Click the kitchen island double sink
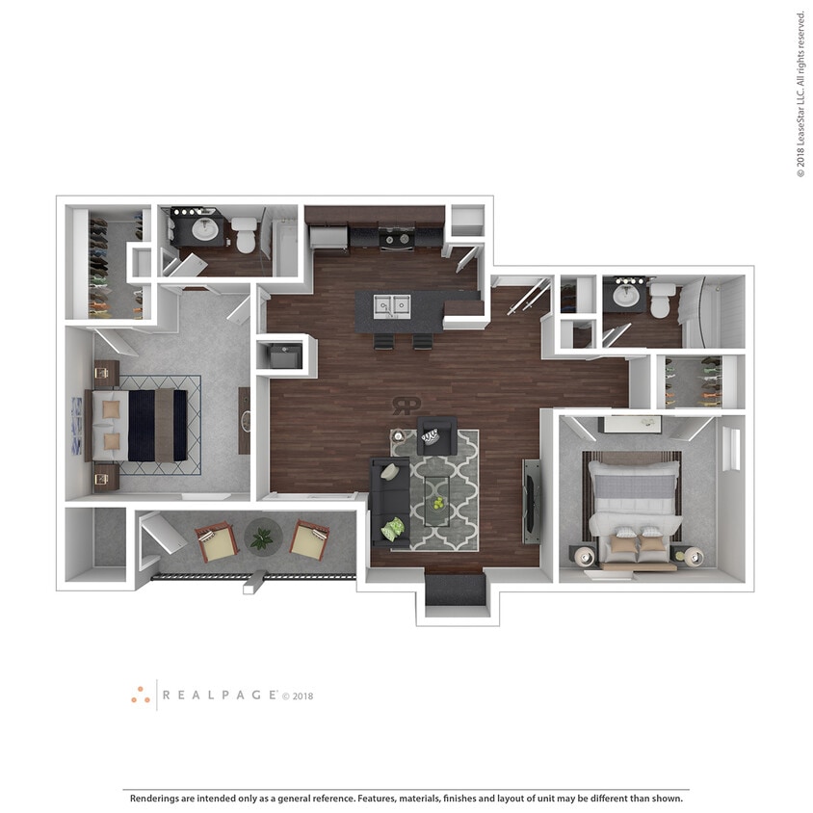click(393, 305)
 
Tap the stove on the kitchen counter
click(397, 236)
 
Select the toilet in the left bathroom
click(245, 234)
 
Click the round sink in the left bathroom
click(205, 229)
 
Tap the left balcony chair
click(217, 542)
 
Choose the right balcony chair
click(309, 541)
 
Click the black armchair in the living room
click(435, 435)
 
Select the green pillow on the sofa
click(393, 529)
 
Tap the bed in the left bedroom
click(137, 424)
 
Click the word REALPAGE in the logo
click(220, 695)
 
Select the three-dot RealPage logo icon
click(141, 695)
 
